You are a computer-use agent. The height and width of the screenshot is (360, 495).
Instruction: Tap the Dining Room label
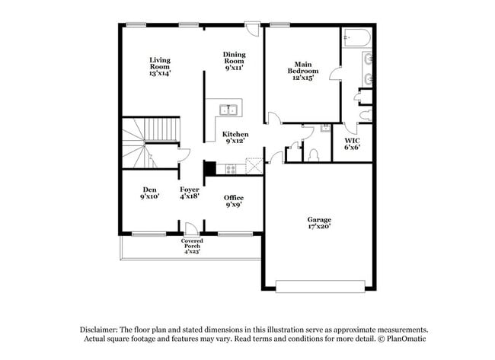coord(234,60)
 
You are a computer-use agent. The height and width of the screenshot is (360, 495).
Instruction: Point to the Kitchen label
coord(235,137)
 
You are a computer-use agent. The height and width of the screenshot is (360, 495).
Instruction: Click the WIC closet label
coord(352,144)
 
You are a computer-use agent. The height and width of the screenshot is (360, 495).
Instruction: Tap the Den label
coord(149,193)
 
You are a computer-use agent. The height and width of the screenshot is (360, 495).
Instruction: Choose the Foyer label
coord(190,193)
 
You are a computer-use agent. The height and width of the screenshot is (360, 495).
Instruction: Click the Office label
coord(234,201)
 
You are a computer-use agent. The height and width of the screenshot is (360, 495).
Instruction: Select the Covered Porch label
coord(192,246)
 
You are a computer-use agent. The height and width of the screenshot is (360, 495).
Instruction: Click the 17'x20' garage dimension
coord(318,226)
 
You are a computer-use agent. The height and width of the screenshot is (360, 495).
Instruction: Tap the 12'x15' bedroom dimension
coord(302,78)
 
